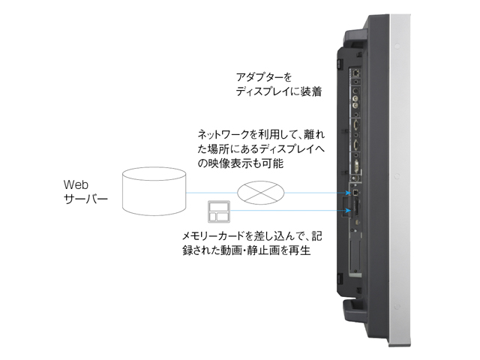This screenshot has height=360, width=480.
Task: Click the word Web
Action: click(76, 184)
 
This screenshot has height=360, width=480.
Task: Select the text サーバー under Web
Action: click(85, 200)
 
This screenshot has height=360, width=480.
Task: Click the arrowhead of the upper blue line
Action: click(346, 192)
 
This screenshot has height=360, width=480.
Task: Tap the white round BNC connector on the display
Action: click(355, 88)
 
